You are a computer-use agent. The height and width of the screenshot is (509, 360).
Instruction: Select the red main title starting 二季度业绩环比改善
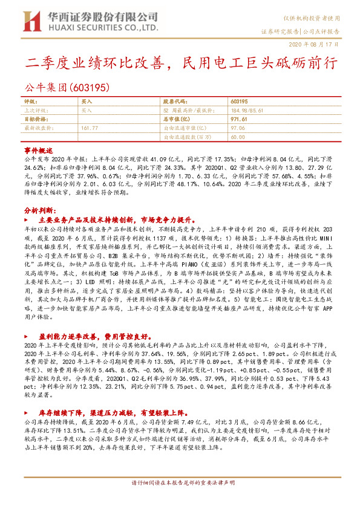tap(180, 63)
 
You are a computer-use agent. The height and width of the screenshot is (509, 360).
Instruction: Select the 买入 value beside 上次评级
tap(87, 111)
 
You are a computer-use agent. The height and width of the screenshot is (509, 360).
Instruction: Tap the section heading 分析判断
tap(39, 210)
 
